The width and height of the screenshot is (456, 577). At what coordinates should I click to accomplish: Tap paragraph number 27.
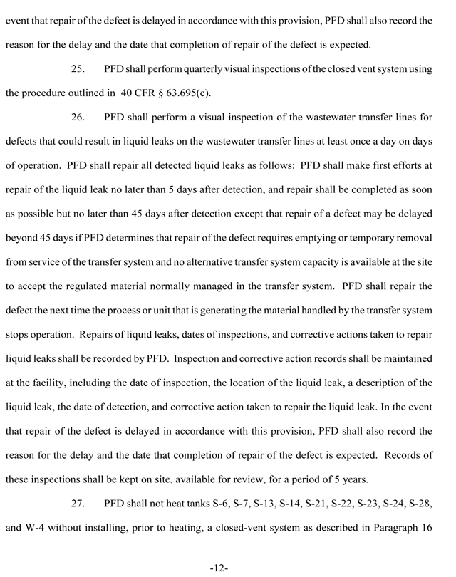point(80,505)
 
